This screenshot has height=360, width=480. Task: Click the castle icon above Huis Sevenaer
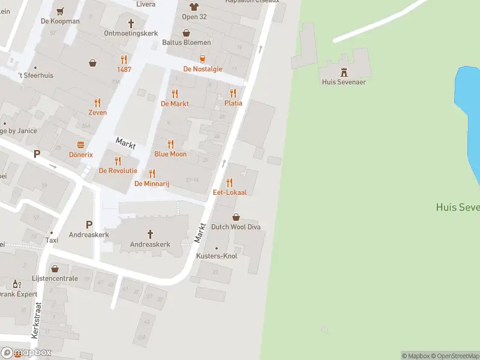(344, 71)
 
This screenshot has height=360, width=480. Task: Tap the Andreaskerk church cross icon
(150, 234)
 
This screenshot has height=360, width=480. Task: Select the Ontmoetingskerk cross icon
(131, 23)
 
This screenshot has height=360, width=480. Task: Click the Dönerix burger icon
(80, 145)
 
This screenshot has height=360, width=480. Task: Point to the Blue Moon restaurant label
(170, 154)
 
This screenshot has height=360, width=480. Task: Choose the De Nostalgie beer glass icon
(203, 59)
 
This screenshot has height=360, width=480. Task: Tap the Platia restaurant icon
(233, 93)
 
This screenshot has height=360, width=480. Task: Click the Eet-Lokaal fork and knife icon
(229, 182)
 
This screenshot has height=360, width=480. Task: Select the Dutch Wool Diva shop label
(235, 227)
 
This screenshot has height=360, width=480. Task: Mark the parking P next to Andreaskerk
(89, 224)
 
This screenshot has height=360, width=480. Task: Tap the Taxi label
(52, 240)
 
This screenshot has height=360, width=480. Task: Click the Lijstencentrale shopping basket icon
(55, 269)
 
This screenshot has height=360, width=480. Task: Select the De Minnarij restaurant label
(152, 184)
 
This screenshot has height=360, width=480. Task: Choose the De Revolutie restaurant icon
(118, 161)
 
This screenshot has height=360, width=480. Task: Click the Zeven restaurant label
(97, 112)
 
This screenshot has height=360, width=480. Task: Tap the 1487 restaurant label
(124, 69)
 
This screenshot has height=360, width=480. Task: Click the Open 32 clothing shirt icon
(194, 7)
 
